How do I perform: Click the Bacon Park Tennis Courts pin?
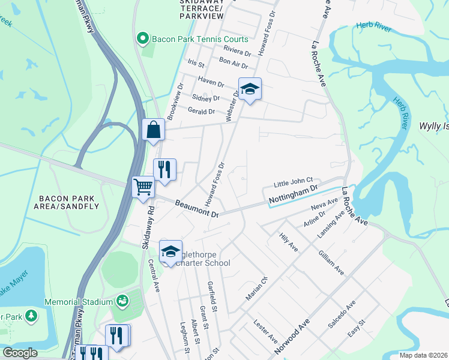pos(143,40)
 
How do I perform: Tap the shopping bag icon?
pos(154,130)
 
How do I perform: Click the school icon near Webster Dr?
pos(250,90)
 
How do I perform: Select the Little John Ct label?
pos(294,180)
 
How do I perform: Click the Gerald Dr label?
pos(201,112)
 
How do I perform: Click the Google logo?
pos(20,353)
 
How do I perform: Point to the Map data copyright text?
pos(423,355)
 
